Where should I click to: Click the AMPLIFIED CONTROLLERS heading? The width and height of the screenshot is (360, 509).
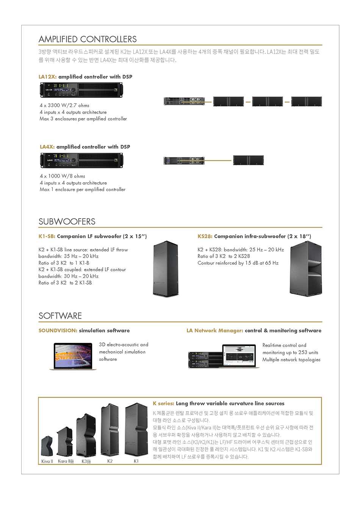tap(88, 39)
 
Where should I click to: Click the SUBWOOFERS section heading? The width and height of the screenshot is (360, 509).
tap(67, 221)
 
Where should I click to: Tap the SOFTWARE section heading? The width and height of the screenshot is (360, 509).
tap(60, 316)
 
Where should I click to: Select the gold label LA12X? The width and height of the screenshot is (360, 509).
tap(47, 77)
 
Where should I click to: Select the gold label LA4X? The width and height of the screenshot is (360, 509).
tap(47, 147)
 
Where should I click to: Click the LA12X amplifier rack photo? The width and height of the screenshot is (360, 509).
tap(81, 90)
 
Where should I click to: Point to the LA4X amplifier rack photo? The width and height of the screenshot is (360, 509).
tap(81, 160)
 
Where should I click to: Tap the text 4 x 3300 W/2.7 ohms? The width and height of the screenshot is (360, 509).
tap(64, 105)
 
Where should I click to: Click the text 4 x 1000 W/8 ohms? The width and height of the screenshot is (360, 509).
tap(63, 176)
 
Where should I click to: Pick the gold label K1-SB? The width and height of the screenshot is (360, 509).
tap(47, 236)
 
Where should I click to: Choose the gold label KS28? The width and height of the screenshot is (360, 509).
tap(205, 236)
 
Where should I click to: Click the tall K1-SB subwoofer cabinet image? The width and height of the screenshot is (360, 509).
tap(166, 268)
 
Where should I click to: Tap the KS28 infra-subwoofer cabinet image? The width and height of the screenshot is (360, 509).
tap(306, 268)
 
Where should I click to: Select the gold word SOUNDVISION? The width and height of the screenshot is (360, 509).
tap(58, 330)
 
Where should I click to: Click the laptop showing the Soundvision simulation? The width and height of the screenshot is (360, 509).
tap(73, 356)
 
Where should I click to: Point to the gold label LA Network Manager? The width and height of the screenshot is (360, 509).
tap(215, 330)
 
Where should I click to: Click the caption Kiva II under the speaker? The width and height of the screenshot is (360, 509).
tap(47, 461)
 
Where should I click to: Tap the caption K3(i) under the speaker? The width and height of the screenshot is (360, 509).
tap(86, 461)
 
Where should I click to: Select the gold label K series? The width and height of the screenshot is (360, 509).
tap(163, 403)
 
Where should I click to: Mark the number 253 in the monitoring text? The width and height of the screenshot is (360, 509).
tap(303, 352)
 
